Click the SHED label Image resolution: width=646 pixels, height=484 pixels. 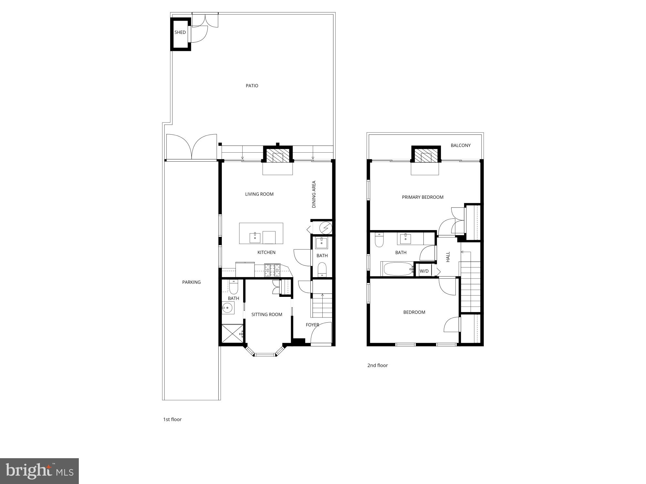click(180, 32)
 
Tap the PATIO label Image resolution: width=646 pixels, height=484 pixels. click(252, 86)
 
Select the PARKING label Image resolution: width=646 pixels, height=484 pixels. click(191, 282)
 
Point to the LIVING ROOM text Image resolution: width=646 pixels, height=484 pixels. click(259, 194)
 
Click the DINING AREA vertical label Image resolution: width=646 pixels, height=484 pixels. click(314, 194)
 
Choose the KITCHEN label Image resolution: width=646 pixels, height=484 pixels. click(266, 252)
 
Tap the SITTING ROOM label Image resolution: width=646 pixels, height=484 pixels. click(266, 315)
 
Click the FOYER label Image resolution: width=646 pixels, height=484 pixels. click(312, 325)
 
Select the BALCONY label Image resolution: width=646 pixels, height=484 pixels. click(461, 146)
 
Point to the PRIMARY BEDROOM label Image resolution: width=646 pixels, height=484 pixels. click(422, 197)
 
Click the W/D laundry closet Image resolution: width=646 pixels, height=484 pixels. click(424, 271)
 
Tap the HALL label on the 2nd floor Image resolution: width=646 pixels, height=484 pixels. click(448, 257)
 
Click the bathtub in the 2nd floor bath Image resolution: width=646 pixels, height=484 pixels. click(397, 269)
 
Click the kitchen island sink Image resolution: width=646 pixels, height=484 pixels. click(255, 237)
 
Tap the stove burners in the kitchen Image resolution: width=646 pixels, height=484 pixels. click(272, 270)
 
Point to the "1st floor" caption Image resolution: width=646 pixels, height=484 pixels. click(172, 419)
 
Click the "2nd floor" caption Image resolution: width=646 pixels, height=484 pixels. click(377, 365)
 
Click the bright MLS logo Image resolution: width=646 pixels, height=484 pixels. click(39, 471)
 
